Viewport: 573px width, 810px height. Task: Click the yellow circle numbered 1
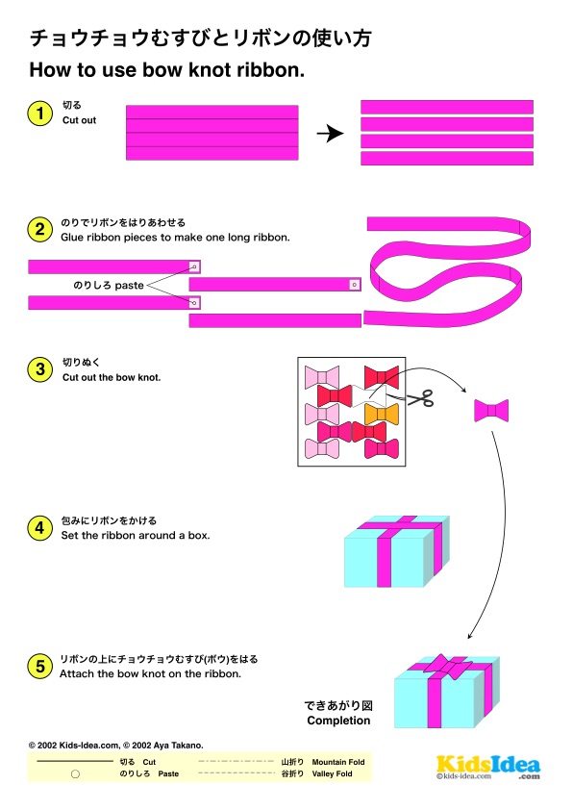[39, 114]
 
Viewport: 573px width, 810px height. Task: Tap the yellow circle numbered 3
[39, 369]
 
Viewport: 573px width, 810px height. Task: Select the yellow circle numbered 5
[39, 667]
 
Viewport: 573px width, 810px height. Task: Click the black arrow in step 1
[331, 134]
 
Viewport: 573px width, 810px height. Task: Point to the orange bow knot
[382, 414]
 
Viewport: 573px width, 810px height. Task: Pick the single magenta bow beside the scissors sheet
[491, 411]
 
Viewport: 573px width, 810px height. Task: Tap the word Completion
[338, 721]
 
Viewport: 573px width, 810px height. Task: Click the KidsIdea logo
[488, 767]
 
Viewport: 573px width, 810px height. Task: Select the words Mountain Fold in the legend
[338, 762]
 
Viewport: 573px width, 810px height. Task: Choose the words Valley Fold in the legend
[332, 773]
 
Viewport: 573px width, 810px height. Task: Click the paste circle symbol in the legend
[75, 773]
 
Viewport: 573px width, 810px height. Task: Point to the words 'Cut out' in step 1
[80, 120]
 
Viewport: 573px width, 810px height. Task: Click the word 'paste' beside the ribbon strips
[129, 286]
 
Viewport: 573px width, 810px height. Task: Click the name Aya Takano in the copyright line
[177, 746]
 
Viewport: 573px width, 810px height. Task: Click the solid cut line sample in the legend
[75, 761]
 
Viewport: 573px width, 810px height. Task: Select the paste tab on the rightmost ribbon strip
[354, 285]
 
